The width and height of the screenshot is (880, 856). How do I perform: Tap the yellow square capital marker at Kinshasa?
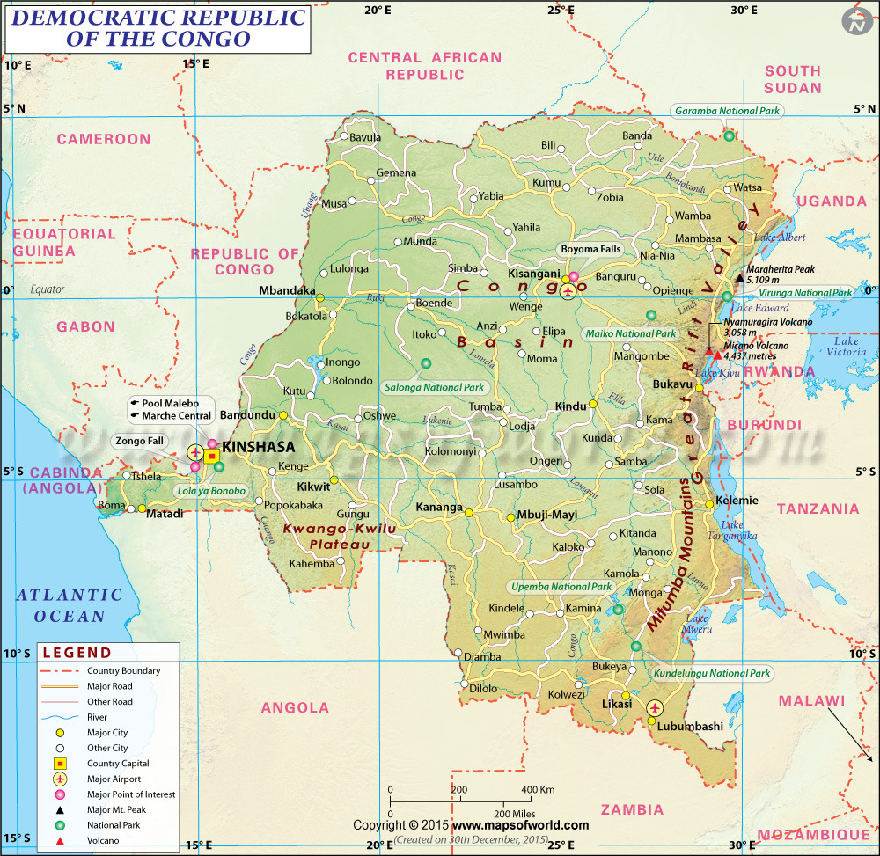click(x=211, y=456)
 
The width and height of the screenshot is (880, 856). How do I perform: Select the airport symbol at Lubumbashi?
click(x=655, y=707)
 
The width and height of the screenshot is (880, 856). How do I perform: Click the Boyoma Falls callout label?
click(x=590, y=249)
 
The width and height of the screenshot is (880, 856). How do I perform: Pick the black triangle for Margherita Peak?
click(x=739, y=278)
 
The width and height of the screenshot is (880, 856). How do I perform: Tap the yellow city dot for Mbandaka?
click(x=321, y=297)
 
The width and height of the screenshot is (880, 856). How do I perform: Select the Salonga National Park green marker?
click(x=427, y=363)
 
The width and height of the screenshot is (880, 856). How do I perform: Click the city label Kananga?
click(x=438, y=508)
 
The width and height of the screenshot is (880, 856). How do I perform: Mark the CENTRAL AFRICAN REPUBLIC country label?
click(x=424, y=66)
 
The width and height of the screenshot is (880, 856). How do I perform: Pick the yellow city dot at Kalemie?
click(x=709, y=504)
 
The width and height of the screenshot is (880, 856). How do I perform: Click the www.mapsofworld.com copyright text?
click(x=521, y=825)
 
